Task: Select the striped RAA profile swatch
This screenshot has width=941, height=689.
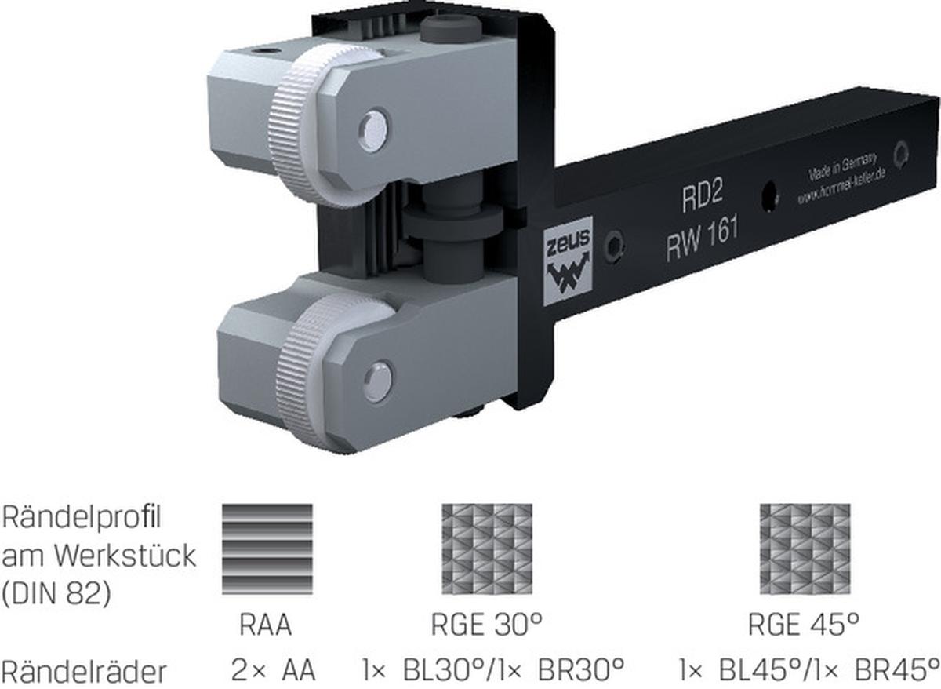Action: pos(267,549)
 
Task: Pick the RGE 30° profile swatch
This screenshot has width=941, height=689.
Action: pos(486,549)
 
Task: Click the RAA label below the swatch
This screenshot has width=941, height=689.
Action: pos(266,626)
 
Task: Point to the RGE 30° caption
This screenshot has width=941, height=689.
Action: pos(487,626)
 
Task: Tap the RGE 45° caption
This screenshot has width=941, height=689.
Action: pos(804,626)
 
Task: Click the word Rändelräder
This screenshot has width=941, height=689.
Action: pos(84,672)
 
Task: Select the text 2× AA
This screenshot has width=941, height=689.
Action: pos(273,672)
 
